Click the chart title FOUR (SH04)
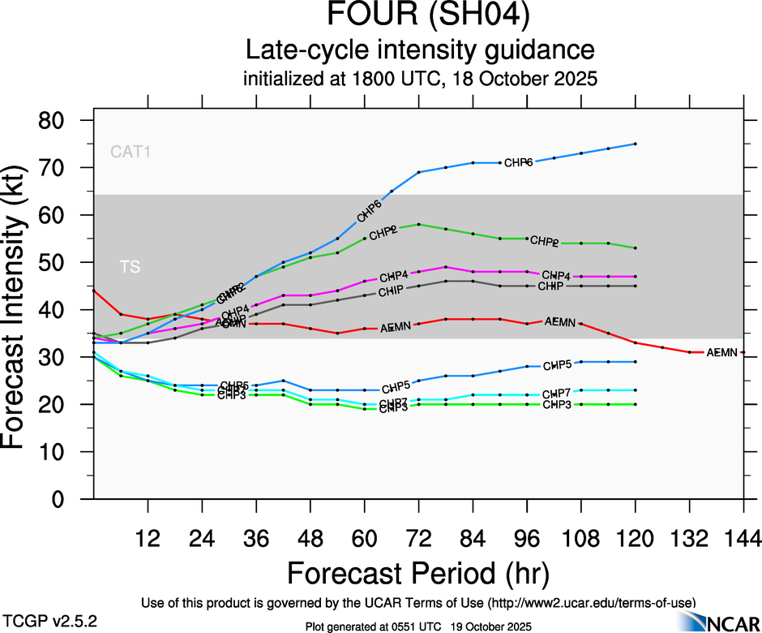point(420,16)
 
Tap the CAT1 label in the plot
point(131,152)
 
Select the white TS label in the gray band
point(129,266)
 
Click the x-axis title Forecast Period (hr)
point(419,573)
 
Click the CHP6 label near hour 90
point(518,163)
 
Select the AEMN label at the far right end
point(721,353)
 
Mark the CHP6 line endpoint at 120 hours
point(635,144)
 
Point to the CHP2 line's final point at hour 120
point(635,248)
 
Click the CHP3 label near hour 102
point(557,405)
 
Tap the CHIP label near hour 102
point(551,286)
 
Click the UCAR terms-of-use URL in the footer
point(591,603)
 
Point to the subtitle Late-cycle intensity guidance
point(420,50)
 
